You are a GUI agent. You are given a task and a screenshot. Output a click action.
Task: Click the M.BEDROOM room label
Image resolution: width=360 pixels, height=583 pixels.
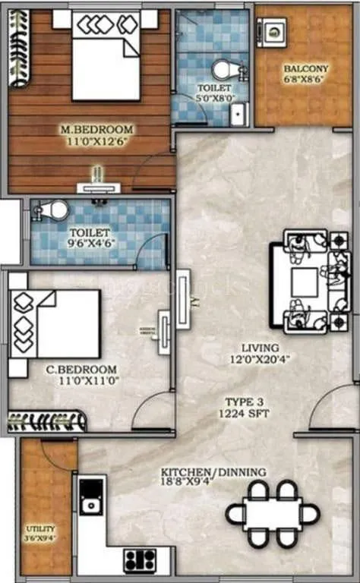(96, 129)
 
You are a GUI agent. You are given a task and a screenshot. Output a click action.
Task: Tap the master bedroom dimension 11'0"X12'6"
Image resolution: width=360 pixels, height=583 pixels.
(96, 141)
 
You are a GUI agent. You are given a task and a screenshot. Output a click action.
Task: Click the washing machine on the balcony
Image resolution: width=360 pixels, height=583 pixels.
(272, 31)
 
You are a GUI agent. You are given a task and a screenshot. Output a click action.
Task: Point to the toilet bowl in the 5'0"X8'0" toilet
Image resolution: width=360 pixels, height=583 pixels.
(224, 71)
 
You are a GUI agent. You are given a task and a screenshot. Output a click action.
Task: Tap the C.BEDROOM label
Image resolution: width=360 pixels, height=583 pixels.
(76, 370)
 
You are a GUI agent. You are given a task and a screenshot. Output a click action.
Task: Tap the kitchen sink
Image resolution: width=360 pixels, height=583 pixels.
(92, 503)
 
